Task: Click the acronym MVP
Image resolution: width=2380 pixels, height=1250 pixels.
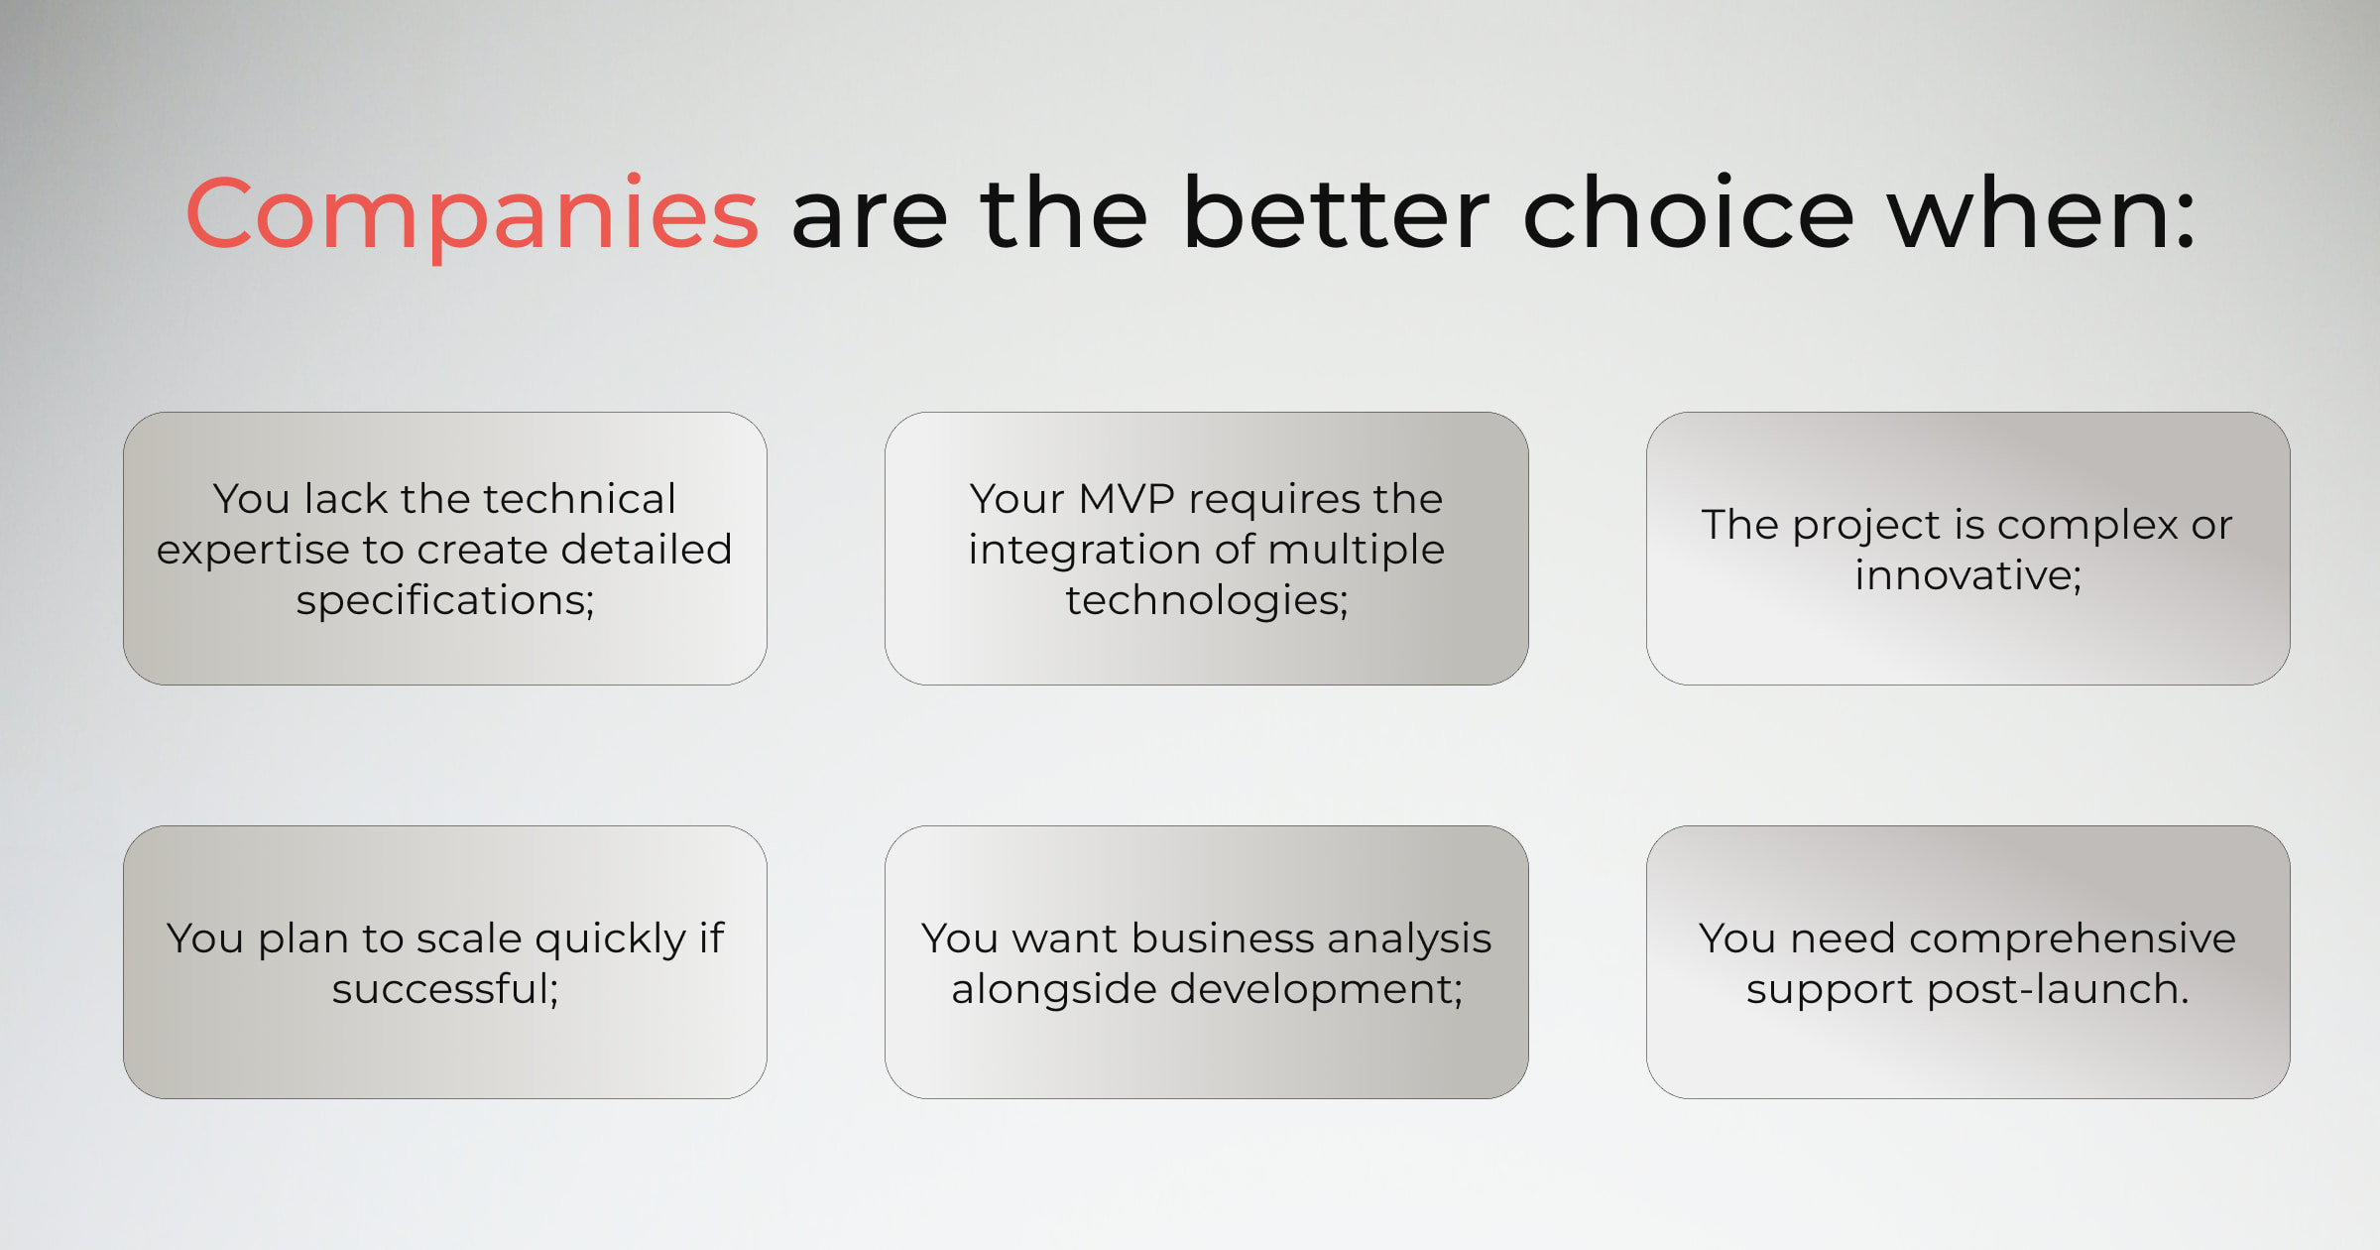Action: click(1126, 499)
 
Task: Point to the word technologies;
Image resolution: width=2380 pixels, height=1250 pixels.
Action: click(1207, 601)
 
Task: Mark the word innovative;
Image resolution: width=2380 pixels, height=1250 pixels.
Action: click(1968, 575)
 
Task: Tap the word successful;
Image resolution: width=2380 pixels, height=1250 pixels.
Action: click(445, 989)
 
